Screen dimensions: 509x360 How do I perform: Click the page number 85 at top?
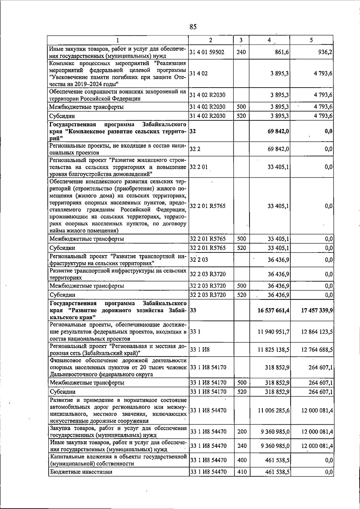[x=193, y=27]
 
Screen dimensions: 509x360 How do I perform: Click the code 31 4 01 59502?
[x=207, y=52]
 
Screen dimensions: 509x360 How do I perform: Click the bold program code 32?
[x=193, y=131]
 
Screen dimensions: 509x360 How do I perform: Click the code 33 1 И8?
[x=200, y=350]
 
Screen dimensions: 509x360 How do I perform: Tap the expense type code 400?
[x=241, y=460]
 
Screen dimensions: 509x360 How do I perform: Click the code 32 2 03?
[x=199, y=260]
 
